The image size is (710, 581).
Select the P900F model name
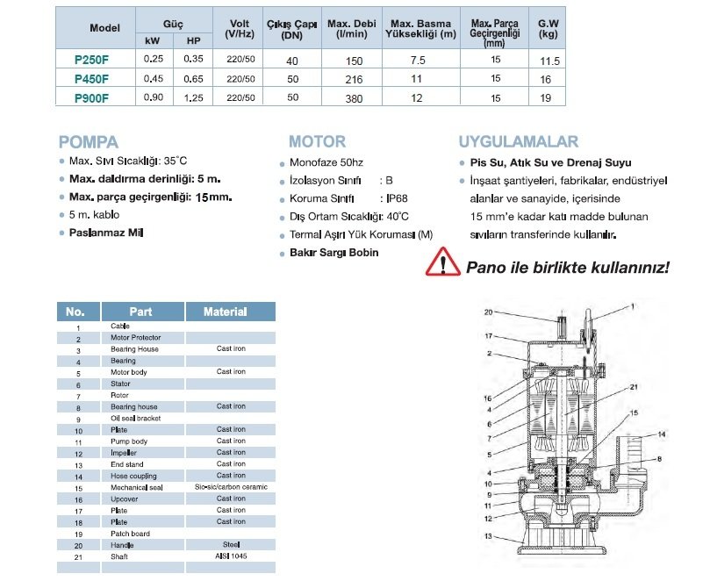click(91, 98)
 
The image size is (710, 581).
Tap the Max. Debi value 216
click(355, 79)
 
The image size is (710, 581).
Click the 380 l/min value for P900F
click(355, 98)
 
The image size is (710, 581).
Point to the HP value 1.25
click(193, 98)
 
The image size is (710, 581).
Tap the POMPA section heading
click(88, 142)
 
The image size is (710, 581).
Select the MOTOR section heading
click(317, 142)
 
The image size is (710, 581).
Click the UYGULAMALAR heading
click(518, 142)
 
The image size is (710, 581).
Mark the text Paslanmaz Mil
click(105, 233)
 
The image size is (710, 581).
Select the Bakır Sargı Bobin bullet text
click(333, 253)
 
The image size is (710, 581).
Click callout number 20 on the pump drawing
click(490, 312)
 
